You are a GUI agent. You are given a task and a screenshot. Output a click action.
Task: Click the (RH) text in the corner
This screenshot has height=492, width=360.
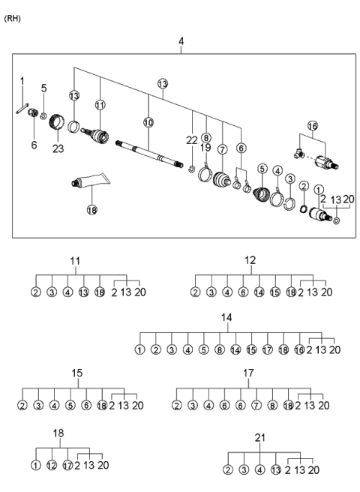tap(13, 18)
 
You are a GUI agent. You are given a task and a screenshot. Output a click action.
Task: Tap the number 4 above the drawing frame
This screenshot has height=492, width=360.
tap(180, 40)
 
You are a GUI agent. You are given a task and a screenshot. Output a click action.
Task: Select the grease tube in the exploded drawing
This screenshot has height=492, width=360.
tap(89, 183)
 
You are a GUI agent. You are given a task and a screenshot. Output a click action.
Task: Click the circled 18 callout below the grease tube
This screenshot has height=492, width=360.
tap(92, 210)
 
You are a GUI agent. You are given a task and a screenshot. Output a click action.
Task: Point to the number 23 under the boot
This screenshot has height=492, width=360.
tap(58, 148)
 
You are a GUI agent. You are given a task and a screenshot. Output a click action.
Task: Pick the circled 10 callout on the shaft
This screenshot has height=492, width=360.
tap(148, 121)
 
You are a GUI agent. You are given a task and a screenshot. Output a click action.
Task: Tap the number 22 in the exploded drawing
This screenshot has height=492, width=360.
tap(193, 139)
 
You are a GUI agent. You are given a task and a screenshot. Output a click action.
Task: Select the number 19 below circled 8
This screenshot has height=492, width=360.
tap(205, 148)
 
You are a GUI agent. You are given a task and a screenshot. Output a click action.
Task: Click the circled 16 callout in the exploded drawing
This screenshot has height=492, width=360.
tap(312, 125)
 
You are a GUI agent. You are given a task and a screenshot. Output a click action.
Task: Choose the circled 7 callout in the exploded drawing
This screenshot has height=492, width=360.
tap(222, 149)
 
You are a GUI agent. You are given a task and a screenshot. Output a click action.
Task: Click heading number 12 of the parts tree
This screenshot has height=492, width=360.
tap(250, 260)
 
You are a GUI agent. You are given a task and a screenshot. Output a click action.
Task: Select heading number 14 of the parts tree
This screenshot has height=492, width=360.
tap(226, 318)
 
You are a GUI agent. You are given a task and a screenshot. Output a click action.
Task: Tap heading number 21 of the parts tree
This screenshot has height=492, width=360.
tap(259, 437)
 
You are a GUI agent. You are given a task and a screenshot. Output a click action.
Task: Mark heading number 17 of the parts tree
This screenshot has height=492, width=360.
tap(247, 373)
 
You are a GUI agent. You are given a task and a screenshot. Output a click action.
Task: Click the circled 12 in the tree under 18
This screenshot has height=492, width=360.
tap(52, 465)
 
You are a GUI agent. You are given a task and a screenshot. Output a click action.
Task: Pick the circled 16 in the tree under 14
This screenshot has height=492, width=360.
tap(299, 349)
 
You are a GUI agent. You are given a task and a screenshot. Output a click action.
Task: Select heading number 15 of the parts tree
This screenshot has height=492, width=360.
tap(76, 373)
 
